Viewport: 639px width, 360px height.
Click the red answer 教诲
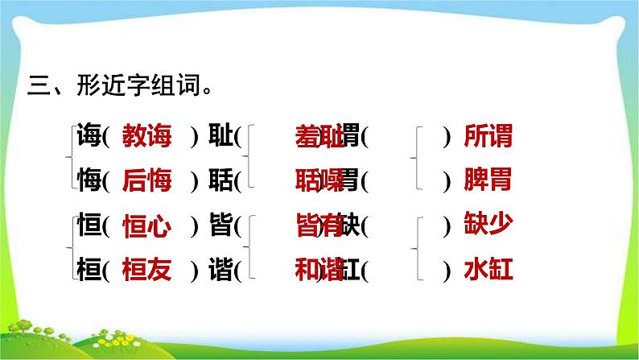pos(146,137)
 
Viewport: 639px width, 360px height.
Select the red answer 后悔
pos(146,182)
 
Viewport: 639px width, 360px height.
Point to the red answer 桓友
pos(146,271)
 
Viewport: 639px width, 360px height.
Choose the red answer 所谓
pos(489,137)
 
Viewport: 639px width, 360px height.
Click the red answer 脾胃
pos(489,182)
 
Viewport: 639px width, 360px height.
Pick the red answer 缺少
pos(489,227)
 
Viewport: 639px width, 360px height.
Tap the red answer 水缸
pos(489,271)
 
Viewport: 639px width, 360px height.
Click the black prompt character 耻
pos(220,137)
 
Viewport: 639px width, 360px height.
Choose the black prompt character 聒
pos(220,182)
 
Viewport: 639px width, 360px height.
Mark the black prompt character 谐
pos(220,271)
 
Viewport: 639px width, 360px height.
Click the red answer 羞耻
pos(316,137)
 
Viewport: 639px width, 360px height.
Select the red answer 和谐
pos(316,271)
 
